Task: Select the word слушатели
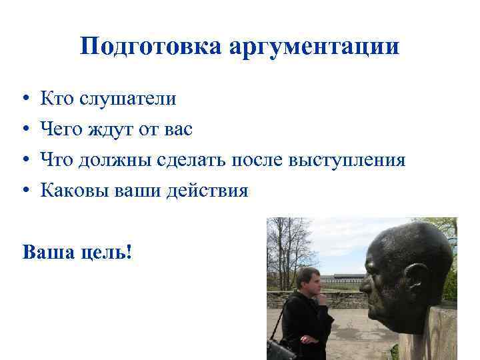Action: point(128,99)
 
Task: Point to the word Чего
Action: point(63,130)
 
